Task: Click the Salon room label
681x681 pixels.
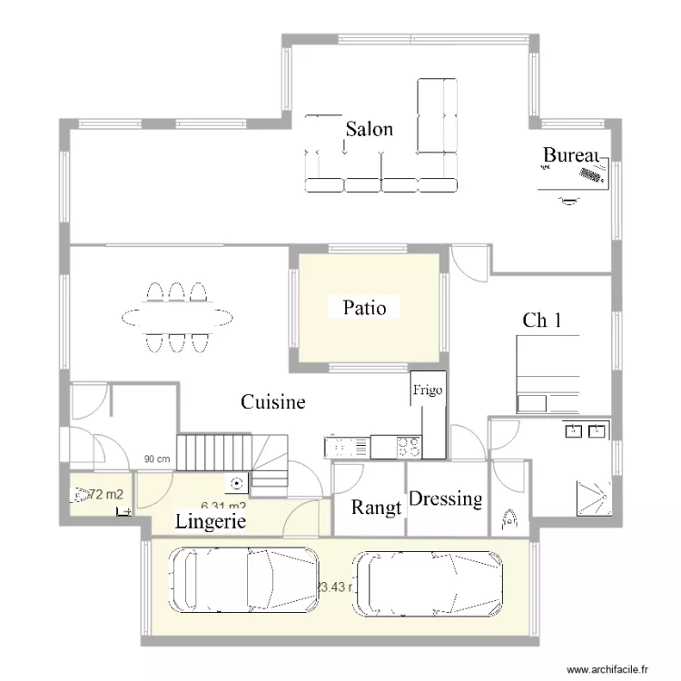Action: click(369, 129)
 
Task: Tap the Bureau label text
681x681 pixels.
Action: click(572, 155)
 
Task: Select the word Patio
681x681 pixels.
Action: click(364, 309)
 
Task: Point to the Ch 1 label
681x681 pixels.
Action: click(542, 320)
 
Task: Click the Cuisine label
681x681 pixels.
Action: click(272, 401)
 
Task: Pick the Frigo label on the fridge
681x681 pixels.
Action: click(428, 390)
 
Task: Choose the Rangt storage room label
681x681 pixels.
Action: click(376, 508)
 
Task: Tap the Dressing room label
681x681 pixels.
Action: click(445, 498)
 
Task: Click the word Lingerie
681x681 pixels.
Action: click(210, 521)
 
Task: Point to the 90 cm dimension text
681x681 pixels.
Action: click(156, 459)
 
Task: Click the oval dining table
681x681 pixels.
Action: click(177, 317)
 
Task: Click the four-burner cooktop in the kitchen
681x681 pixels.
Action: click(408, 447)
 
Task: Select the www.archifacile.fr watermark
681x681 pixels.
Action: click(609, 669)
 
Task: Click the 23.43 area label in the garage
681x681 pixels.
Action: click(334, 587)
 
